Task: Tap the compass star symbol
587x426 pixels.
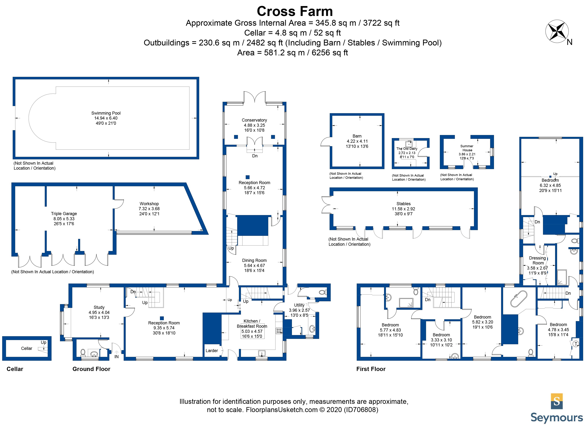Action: pos(557,31)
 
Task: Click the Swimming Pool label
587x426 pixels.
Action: pos(106,113)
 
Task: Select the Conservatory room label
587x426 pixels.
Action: pos(254,120)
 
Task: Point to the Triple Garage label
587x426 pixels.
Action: pos(64,214)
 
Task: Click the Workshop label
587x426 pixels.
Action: pos(149,204)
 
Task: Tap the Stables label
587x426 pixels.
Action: pos(404,204)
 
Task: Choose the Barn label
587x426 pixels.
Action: pos(357,136)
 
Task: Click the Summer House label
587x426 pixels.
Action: pos(467,148)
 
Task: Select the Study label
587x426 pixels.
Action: pos(99,307)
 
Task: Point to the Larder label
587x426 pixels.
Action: pos(212,350)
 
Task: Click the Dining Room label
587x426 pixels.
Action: pos(254,260)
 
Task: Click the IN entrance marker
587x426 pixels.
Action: pos(117,357)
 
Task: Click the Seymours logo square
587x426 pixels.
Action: pos(557,401)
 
